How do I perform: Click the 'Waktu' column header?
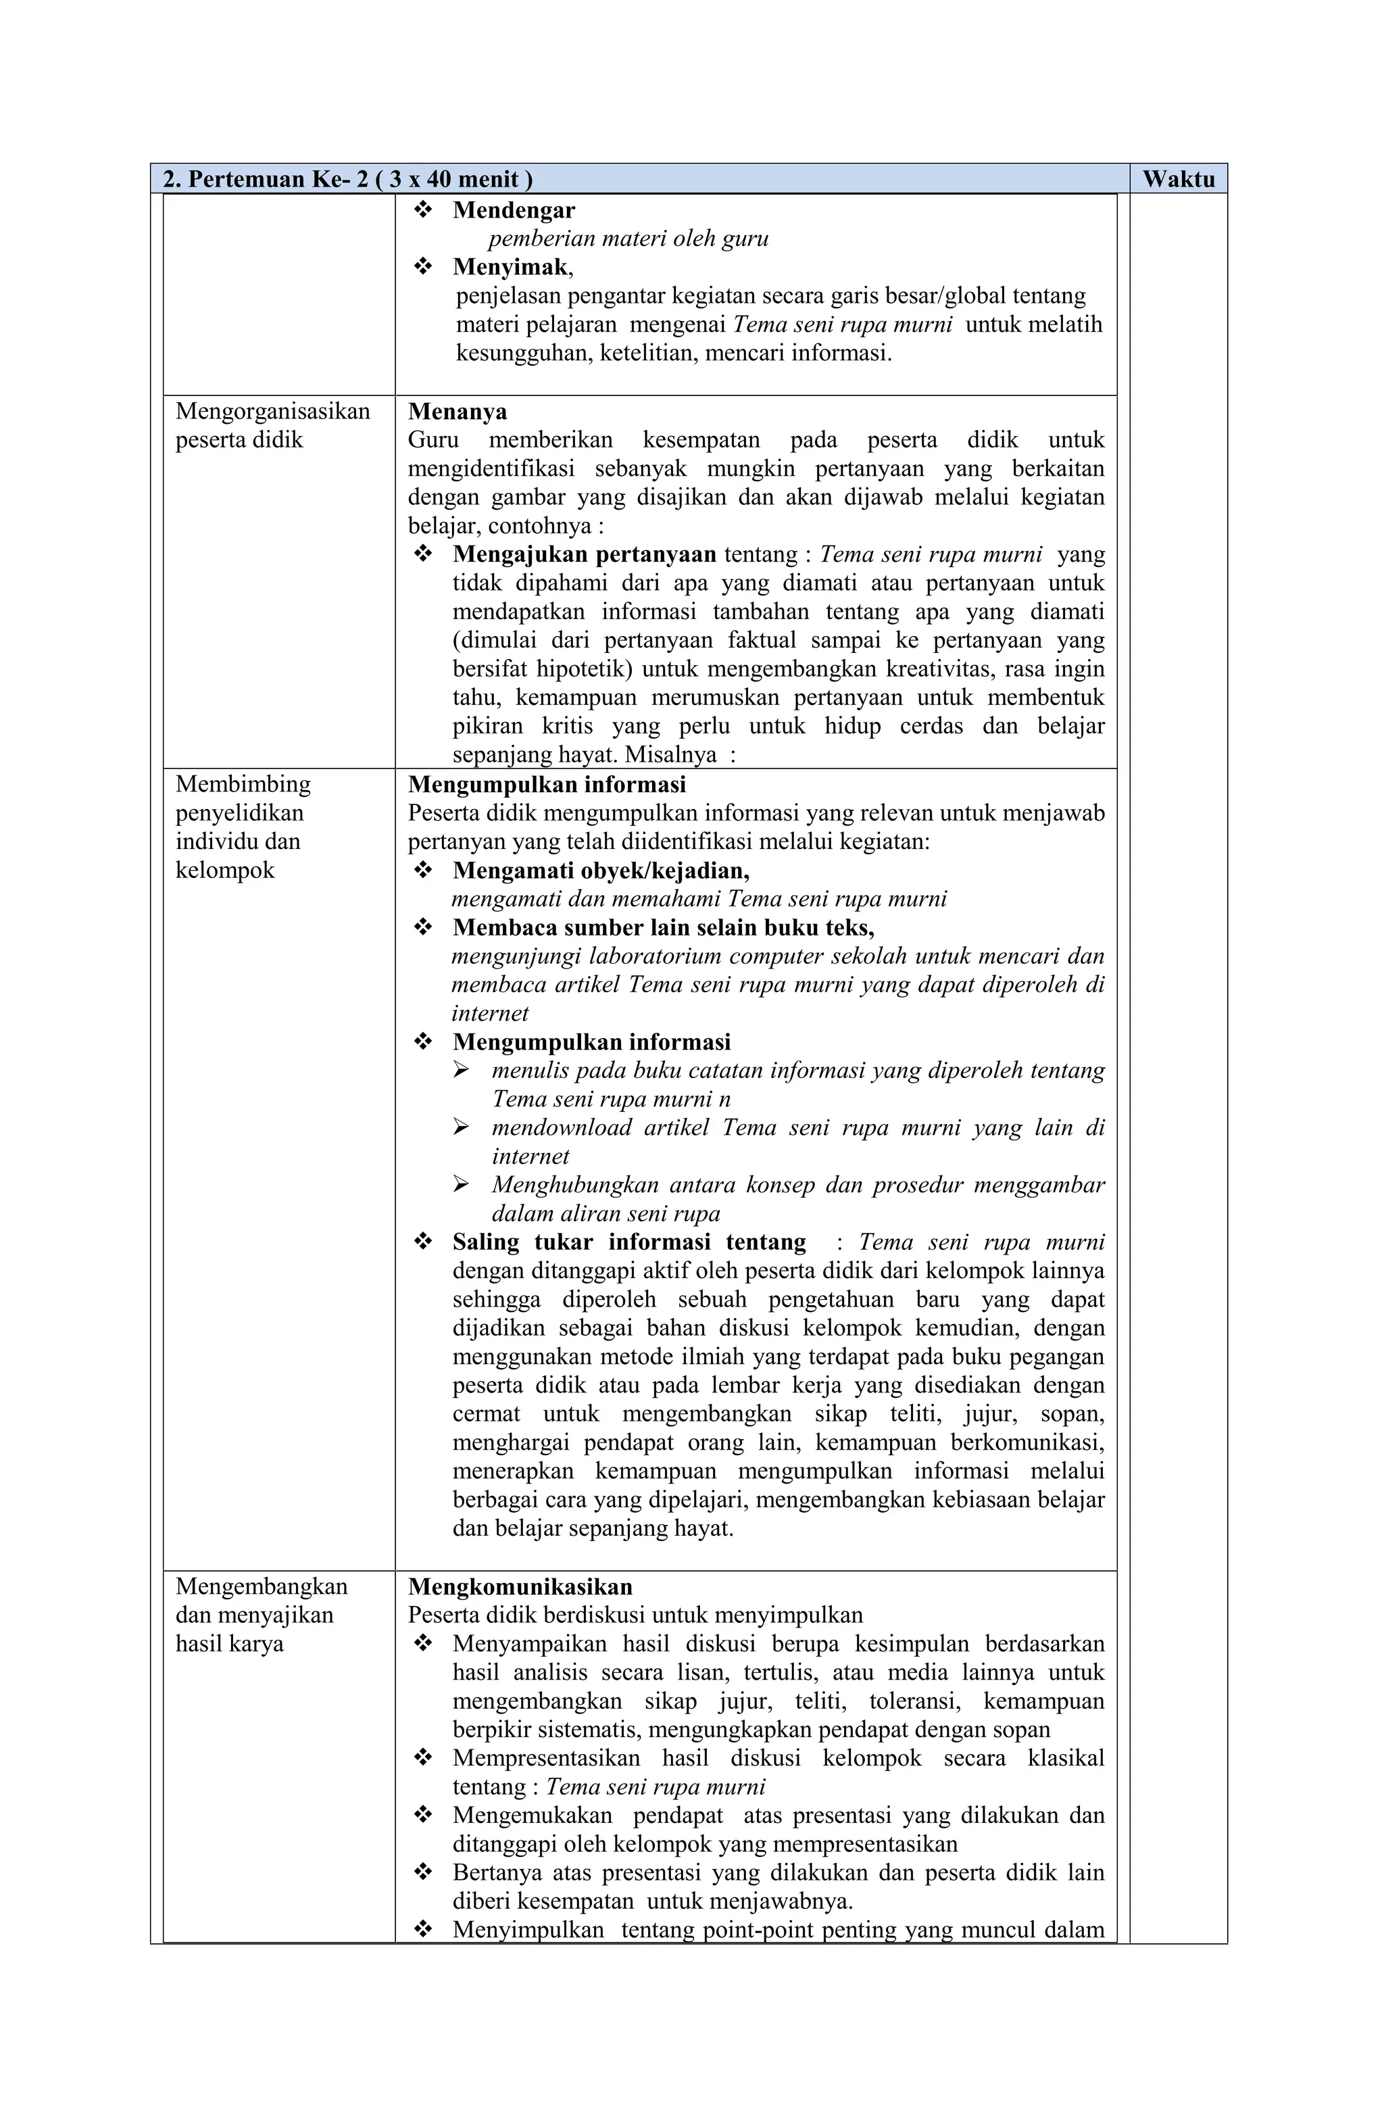coord(1178,179)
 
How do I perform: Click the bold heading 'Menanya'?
coord(458,411)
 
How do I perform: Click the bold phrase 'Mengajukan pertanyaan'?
coord(583,554)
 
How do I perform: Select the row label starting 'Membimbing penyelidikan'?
coord(242,827)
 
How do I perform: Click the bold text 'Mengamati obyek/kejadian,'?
coord(600,870)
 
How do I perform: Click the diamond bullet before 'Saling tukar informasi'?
coord(424,1242)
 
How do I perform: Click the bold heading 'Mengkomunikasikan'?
coord(520,1587)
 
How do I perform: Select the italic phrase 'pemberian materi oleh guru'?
coord(628,239)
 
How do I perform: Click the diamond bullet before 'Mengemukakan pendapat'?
coord(424,1816)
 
